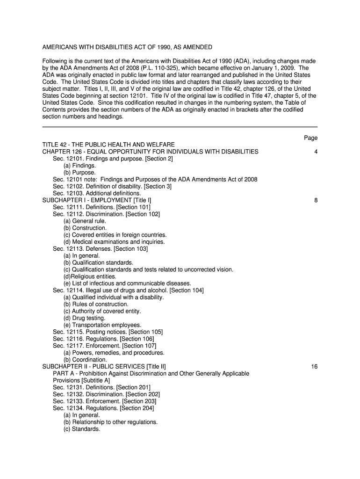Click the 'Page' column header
(310, 138)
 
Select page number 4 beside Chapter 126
(316, 152)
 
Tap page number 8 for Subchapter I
(316, 200)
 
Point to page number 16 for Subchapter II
(314, 366)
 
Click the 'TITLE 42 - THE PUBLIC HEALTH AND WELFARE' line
(108, 145)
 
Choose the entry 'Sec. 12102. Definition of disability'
(112, 186)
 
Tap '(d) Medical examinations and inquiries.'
(114, 242)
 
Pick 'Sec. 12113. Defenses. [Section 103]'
(100, 249)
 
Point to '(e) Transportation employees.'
(102, 325)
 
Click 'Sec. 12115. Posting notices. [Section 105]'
(108, 332)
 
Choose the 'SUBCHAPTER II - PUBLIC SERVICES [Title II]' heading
(104, 366)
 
